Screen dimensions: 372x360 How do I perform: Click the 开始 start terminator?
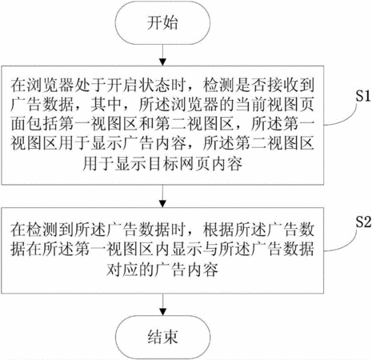click(162, 23)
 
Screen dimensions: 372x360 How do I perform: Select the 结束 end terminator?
click(162, 337)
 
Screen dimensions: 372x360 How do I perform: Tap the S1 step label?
click(363, 96)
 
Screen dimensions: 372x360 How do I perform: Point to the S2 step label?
click(363, 222)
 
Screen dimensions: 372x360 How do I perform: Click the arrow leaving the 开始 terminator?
click(162, 55)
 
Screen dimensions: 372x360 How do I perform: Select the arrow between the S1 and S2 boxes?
click(162, 196)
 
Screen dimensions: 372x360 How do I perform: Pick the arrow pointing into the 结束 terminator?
click(162, 305)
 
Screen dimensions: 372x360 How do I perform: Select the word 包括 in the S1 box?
click(42, 124)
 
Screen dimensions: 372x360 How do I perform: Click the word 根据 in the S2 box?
click(218, 229)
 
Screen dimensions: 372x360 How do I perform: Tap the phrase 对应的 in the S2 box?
click(130, 270)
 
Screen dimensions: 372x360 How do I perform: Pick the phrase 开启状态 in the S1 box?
click(138, 85)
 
